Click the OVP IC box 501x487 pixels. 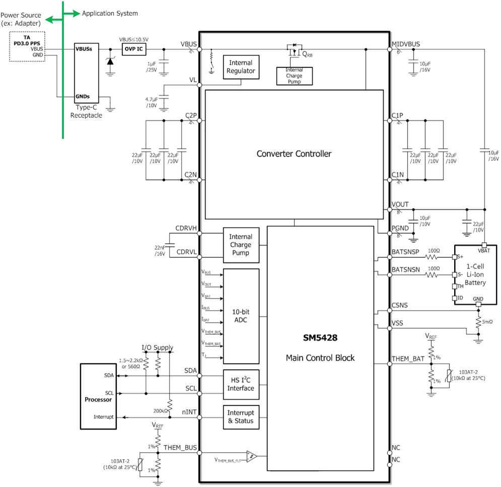click(x=133, y=49)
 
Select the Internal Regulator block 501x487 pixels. click(x=241, y=66)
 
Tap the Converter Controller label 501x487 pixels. click(x=294, y=154)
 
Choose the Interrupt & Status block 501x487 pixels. click(x=241, y=416)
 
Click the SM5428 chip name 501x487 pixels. click(x=320, y=339)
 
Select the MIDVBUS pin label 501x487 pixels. click(x=405, y=44)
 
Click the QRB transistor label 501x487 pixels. click(x=307, y=54)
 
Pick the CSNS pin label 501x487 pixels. click(x=400, y=305)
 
